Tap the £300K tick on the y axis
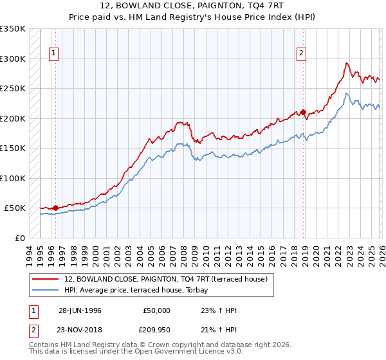(x=12, y=59)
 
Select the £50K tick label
(x=15, y=208)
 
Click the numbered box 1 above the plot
(x=54, y=54)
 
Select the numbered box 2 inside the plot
(x=300, y=54)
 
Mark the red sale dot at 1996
(x=56, y=208)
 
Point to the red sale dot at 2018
(x=303, y=112)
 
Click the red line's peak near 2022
(x=347, y=63)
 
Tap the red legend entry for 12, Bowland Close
(x=169, y=279)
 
